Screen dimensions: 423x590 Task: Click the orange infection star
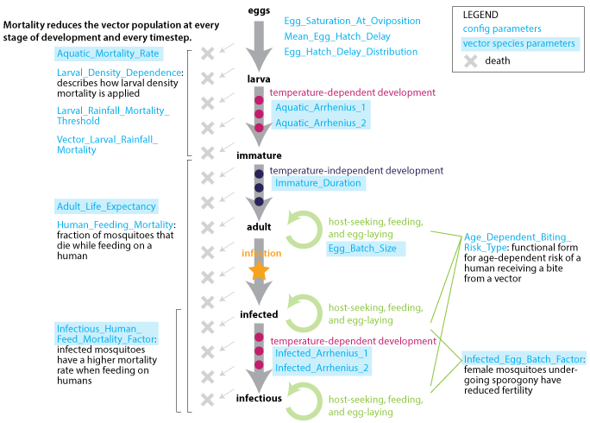(x=257, y=272)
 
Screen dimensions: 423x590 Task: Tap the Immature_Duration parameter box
(x=317, y=183)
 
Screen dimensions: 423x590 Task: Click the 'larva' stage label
(x=257, y=79)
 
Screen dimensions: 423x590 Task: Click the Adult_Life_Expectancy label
(x=106, y=206)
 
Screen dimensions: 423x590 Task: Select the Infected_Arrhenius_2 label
(x=322, y=369)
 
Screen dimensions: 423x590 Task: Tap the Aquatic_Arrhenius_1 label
(x=321, y=107)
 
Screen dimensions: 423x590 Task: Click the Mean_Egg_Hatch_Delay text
(x=337, y=36)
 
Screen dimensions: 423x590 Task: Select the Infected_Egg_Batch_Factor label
(x=524, y=359)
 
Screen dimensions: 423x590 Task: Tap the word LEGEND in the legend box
(x=480, y=15)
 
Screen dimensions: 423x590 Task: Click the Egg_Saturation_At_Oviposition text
(x=352, y=20)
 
